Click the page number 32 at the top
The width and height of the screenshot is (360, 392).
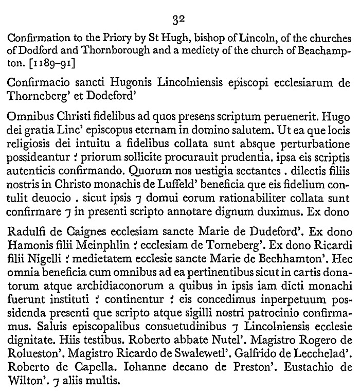(179, 20)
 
